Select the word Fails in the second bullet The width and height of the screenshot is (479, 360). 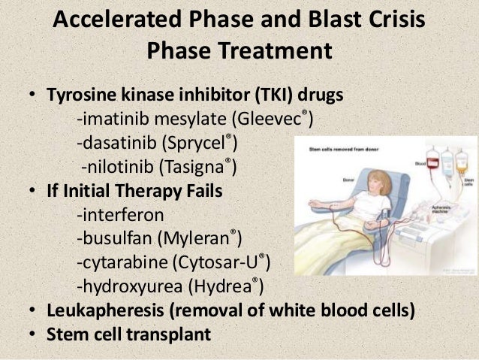200,191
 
